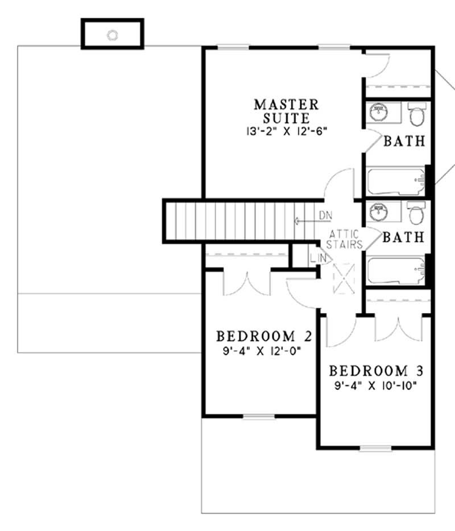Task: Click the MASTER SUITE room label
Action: (286, 112)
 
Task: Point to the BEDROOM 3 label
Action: (377, 372)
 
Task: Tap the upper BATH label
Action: (404, 141)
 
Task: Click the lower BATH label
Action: (404, 237)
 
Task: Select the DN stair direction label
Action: (325, 215)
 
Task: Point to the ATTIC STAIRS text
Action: (345, 240)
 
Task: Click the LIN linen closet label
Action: (318, 259)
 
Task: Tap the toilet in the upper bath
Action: (417, 116)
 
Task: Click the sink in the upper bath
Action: (378, 113)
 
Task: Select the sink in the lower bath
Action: (378, 212)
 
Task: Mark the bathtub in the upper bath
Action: (396, 181)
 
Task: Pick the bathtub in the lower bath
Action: (396, 271)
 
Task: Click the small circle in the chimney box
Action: (113, 35)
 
